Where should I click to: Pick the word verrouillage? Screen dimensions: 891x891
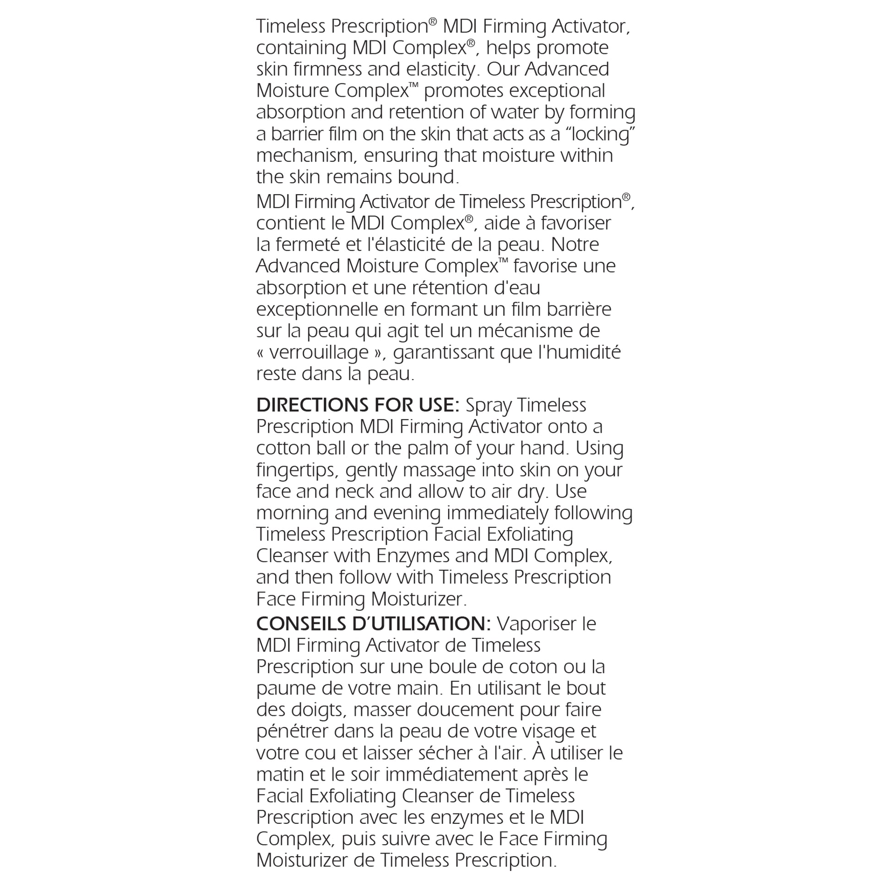pyautogui.click(x=319, y=353)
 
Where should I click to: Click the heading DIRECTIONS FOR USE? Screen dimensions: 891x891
pyautogui.click(x=358, y=405)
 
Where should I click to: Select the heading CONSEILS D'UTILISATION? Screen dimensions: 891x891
pyautogui.click(x=373, y=624)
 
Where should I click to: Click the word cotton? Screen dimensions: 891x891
pyautogui.click(x=283, y=448)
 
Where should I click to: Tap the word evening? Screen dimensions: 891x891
pyautogui.click(x=407, y=513)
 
